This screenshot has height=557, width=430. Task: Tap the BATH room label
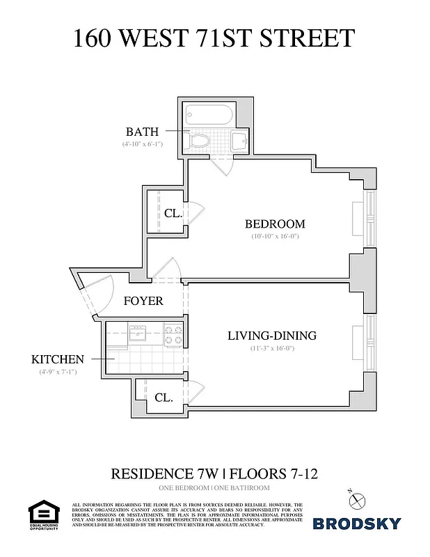click(x=142, y=132)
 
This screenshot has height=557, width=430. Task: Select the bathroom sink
click(x=239, y=141)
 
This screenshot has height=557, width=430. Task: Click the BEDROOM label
click(x=275, y=224)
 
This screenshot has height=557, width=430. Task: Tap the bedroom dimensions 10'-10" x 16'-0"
click(x=275, y=237)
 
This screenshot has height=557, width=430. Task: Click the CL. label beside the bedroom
click(x=173, y=214)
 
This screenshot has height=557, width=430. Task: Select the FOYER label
click(x=143, y=301)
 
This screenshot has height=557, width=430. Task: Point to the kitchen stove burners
click(x=173, y=336)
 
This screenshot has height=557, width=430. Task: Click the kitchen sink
click(x=138, y=332)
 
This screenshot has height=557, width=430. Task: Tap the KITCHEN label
click(x=58, y=359)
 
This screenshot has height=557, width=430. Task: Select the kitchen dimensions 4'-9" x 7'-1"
click(x=58, y=372)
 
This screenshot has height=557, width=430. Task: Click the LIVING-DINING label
click(x=271, y=336)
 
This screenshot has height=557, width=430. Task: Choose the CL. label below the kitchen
click(x=164, y=398)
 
